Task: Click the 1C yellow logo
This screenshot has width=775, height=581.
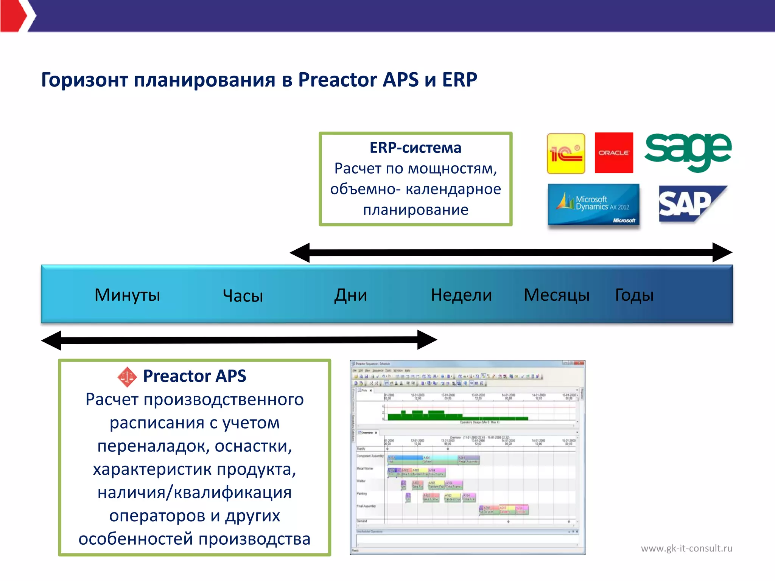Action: point(566,154)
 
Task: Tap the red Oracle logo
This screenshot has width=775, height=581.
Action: point(613,153)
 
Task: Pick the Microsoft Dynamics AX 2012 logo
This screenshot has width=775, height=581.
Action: point(593,205)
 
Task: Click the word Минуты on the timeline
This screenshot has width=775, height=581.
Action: point(127,295)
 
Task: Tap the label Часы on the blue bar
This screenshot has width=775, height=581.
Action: point(243,296)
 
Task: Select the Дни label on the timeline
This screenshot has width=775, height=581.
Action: point(350,295)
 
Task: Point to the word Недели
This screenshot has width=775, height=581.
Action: point(461,295)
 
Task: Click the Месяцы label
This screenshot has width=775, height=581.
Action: point(556,295)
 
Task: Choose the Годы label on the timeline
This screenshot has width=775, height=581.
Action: point(634,295)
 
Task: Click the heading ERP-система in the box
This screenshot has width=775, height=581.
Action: point(415,148)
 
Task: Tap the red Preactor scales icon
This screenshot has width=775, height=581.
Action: point(127,377)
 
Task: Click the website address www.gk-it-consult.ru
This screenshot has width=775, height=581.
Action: point(686,548)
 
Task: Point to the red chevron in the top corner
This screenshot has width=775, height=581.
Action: point(15,16)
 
